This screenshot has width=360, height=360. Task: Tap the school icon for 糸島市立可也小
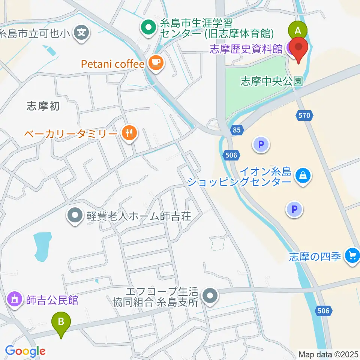point(82,33)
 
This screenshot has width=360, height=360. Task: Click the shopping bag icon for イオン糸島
point(302,175)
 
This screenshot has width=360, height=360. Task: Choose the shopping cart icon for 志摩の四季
point(352,256)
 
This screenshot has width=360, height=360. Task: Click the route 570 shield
point(304,115)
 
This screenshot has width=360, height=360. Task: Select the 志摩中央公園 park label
point(271,81)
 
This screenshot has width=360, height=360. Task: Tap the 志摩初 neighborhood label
point(43,106)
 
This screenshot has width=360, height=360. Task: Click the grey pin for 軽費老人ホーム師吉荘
point(75,216)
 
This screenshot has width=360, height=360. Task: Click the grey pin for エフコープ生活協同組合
point(210,296)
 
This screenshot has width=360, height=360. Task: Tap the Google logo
point(25,351)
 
